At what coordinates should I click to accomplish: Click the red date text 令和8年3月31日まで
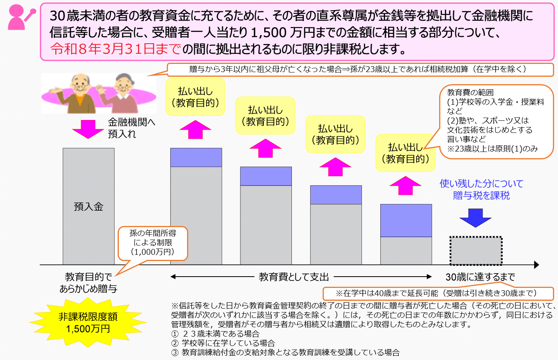tap(116, 49)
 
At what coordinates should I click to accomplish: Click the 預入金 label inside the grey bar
tap(88, 206)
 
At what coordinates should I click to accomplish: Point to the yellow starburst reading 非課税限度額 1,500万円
tap(88, 323)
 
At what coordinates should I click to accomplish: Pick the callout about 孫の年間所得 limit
tap(153, 243)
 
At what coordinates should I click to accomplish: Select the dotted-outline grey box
tap(476, 251)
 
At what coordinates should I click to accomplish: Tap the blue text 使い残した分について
tap(481, 184)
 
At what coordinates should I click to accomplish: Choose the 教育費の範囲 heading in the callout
tap(470, 93)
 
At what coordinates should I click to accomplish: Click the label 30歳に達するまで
tap(480, 277)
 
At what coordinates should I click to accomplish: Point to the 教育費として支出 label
tap(294, 277)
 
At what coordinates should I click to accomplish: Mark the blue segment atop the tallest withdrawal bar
tap(196, 157)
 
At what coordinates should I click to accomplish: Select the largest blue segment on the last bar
tap(406, 221)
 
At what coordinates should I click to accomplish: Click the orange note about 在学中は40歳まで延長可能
tap(438, 293)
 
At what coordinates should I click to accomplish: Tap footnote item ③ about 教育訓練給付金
tap(286, 353)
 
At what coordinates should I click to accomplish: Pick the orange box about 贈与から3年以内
tap(360, 69)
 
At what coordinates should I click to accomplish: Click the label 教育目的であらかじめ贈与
tap(88, 283)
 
